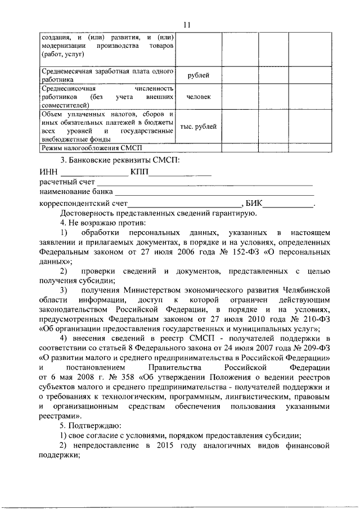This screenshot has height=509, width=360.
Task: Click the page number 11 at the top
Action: (187, 24)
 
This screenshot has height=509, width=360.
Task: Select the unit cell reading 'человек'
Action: (199, 97)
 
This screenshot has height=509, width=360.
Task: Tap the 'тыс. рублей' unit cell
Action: (199, 127)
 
